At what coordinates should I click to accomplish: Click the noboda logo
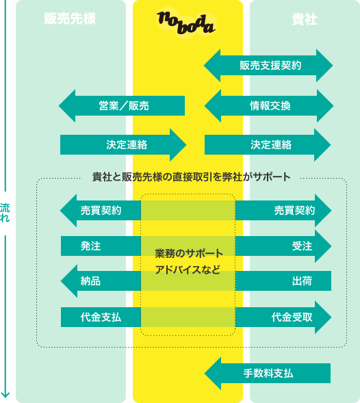[186, 23]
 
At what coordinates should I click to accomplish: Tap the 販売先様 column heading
[70, 18]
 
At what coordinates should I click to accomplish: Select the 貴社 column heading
[305, 19]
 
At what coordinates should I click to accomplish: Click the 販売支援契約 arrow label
[270, 65]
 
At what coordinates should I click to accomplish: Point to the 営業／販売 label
[124, 105]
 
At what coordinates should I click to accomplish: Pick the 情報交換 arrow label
[270, 105]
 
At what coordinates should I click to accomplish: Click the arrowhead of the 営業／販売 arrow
[67, 105]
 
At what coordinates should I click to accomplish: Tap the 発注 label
[90, 246]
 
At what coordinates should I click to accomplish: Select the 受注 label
[302, 246]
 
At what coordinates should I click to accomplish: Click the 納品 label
[90, 281]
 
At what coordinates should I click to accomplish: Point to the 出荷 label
[302, 281]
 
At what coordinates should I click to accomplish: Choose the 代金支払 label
[101, 317]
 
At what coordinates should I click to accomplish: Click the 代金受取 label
[292, 317]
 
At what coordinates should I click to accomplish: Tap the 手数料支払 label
[268, 373]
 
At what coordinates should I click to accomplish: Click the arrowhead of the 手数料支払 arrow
[213, 373]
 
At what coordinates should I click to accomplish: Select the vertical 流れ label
[5, 213]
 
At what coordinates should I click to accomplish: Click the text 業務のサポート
[189, 253]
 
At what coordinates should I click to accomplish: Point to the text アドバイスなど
[188, 270]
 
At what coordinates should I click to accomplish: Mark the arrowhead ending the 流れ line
[5, 395]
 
